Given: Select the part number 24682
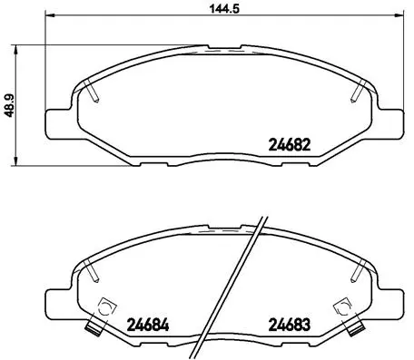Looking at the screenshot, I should [291, 142].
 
